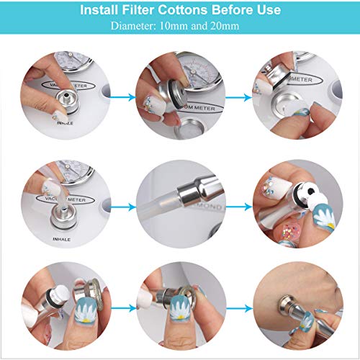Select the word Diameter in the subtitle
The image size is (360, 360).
pyautogui.click(x=133, y=27)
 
